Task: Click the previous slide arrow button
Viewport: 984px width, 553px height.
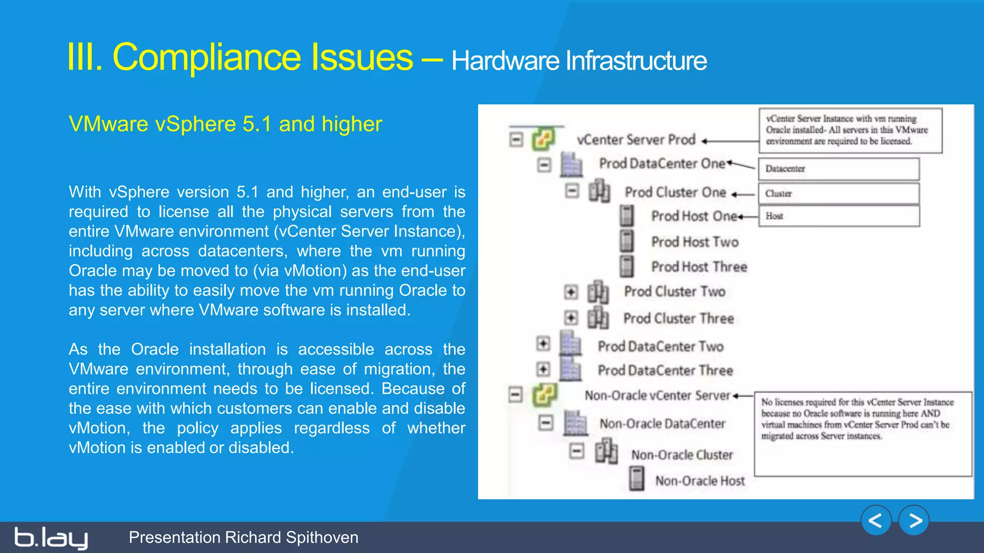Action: tap(876, 520)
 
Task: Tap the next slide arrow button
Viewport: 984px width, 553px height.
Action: tap(914, 520)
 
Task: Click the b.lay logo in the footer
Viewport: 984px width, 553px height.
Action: tap(51, 538)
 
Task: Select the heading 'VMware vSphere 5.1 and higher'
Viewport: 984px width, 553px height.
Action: tap(225, 124)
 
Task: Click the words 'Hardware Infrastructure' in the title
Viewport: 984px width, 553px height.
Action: tap(578, 61)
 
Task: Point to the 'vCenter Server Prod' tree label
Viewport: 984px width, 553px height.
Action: tap(636, 140)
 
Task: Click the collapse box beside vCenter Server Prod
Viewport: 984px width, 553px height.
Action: tap(516, 140)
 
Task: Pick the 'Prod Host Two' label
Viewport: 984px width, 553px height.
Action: tap(695, 241)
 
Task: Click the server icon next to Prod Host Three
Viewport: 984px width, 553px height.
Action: tap(627, 266)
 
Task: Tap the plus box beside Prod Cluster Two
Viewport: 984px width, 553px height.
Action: tap(571, 291)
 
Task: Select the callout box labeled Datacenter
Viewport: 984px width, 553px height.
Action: tap(838, 169)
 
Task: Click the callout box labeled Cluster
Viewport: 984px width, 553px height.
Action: tap(838, 193)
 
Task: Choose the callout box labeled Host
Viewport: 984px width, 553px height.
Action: tap(838, 216)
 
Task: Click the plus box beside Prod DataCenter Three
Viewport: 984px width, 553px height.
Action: tap(543, 369)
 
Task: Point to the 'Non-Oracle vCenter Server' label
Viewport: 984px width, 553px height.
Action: tap(657, 396)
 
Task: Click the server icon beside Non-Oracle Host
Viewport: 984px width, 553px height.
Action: tap(637, 479)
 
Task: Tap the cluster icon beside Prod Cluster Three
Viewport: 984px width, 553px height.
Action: tap(598, 318)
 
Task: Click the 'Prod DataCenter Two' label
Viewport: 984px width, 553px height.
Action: tap(661, 346)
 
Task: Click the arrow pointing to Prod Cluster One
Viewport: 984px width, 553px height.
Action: tap(743, 194)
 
